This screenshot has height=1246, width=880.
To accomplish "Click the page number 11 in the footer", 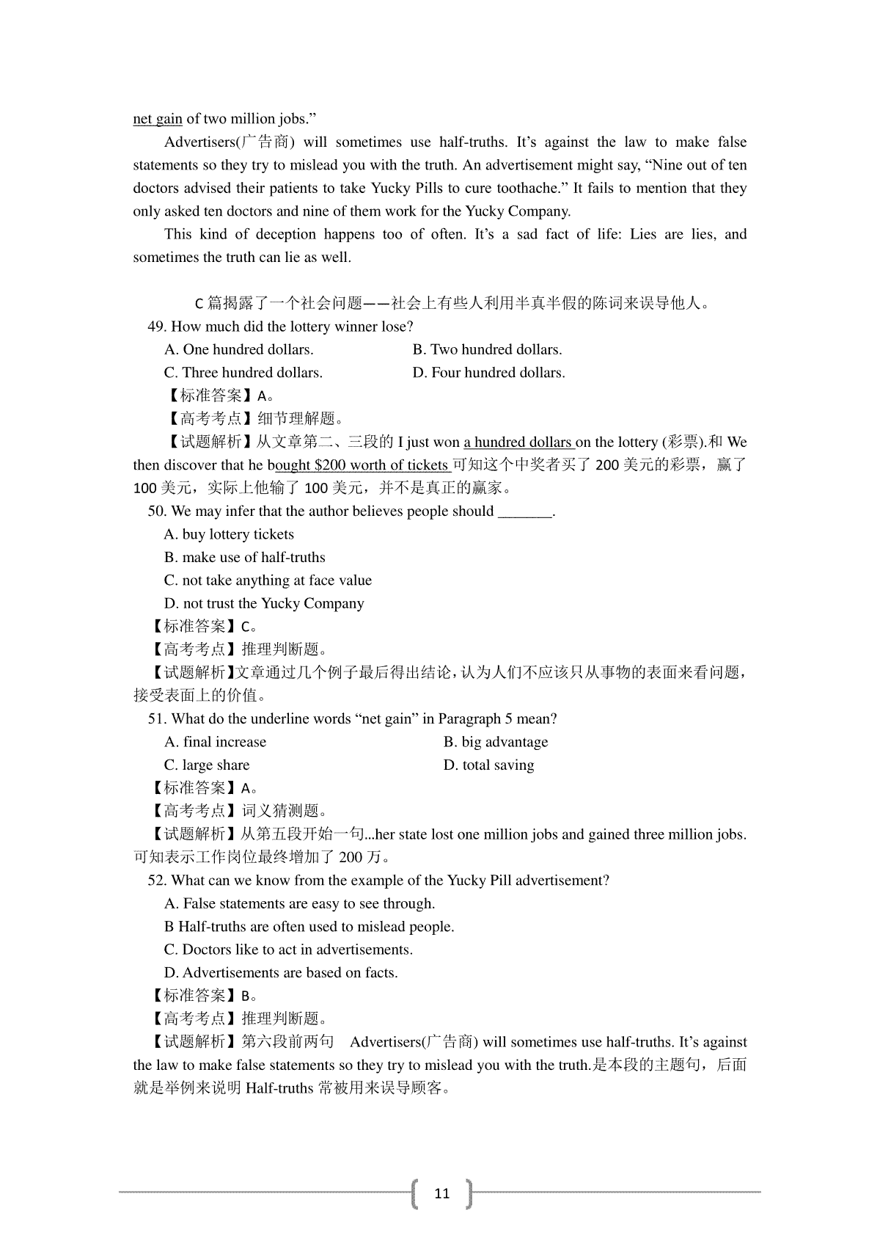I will point(441,1194).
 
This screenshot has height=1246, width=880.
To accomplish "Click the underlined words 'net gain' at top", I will point(157,119).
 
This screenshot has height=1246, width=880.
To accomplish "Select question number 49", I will point(158,327).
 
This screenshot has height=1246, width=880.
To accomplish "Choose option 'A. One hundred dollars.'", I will point(238,349).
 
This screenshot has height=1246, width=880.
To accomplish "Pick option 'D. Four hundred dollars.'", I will point(488,373).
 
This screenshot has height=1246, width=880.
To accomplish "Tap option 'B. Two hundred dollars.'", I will point(487,349).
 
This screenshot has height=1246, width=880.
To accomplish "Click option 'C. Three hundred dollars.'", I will point(243,373).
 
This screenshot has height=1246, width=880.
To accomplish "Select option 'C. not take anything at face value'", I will point(268,580).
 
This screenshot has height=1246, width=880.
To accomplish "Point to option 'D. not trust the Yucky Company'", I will point(264,604).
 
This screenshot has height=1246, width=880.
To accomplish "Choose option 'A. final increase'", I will point(215,742).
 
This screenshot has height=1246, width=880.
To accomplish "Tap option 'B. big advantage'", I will point(495,742).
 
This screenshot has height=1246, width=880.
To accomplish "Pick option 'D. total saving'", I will point(488,765).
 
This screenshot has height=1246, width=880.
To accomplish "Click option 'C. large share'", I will point(207,765).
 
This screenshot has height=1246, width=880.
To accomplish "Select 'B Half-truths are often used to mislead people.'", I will point(309,927).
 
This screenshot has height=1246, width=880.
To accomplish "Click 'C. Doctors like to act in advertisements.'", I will point(288,950).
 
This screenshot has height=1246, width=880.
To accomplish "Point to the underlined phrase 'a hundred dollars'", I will point(518,442).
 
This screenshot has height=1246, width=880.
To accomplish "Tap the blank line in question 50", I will point(524,512).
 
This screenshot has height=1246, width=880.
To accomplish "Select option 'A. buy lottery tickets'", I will point(229,534).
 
